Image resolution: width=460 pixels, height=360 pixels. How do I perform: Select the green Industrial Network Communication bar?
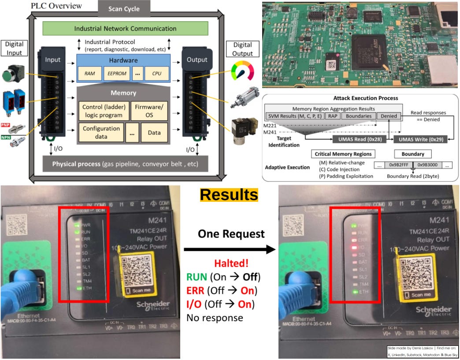[125, 29]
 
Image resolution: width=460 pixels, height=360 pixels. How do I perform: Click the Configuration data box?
[101, 132]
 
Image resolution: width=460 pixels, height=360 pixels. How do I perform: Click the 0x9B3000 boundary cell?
[424, 165]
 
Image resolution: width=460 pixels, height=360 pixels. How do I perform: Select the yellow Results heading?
[229, 194]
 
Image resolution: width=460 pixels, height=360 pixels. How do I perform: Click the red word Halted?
[231, 264]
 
